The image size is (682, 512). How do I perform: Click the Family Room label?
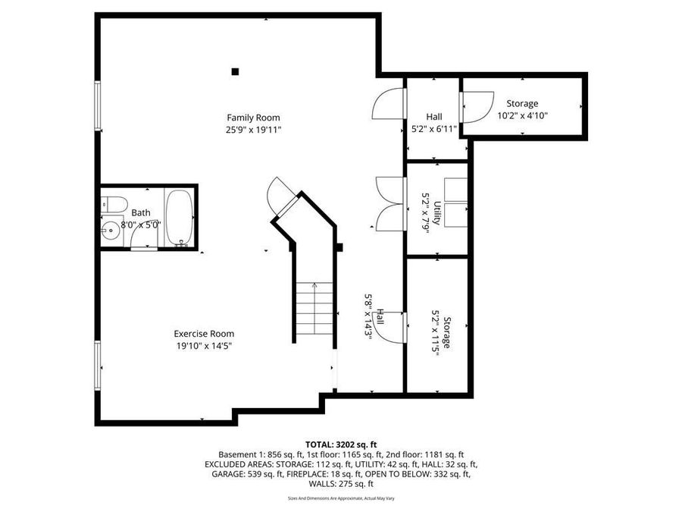tap(253, 118)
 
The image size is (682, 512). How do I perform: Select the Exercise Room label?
tap(204, 334)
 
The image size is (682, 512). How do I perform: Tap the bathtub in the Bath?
tap(180, 217)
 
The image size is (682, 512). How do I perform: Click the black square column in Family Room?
tap(235, 72)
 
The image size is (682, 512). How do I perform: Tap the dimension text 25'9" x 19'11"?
tap(253, 130)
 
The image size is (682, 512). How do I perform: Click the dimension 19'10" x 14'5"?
tap(204, 346)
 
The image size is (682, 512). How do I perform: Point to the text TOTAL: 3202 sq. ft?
tap(341, 444)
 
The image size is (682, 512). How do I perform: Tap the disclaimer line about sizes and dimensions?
tap(341, 498)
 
